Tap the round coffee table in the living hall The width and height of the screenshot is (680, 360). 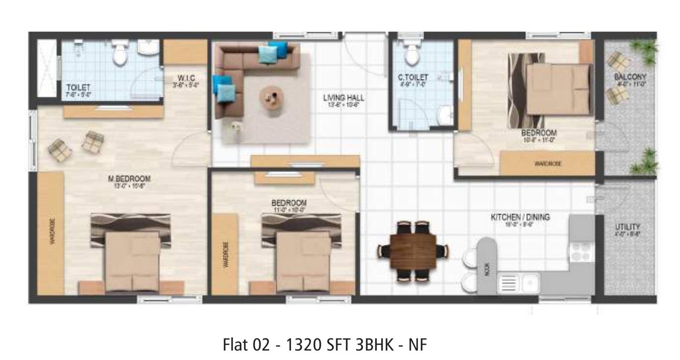[270, 96]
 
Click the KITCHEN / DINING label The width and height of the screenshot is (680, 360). [520, 217]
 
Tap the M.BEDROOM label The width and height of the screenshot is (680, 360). [130, 178]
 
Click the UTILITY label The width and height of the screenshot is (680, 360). [627, 227]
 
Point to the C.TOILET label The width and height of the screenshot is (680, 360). [413, 77]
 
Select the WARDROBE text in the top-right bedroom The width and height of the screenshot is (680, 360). [547, 164]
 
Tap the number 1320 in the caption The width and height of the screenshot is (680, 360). [303, 345]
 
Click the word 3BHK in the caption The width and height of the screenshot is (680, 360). [373, 345]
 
